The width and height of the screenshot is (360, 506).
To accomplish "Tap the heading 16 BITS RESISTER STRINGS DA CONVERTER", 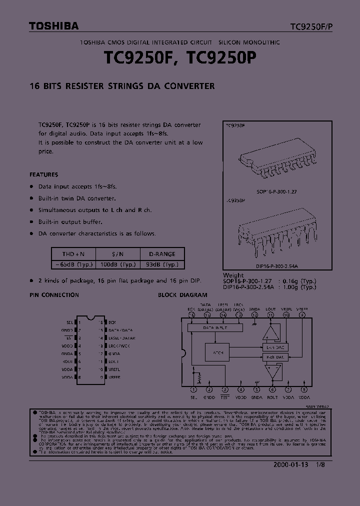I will tap(122, 86).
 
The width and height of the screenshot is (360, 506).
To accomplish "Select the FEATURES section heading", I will tap(44, 174).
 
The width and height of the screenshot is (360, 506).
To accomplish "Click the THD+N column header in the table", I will tap(73, 253).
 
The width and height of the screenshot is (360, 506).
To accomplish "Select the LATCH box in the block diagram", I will tap(217, 352).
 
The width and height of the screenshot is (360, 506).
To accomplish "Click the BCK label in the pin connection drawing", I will tap(112, 322).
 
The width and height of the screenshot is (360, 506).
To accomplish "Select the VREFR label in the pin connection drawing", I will tap(114, 376).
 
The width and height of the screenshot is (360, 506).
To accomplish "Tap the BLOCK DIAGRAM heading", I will tap(182, 295).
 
